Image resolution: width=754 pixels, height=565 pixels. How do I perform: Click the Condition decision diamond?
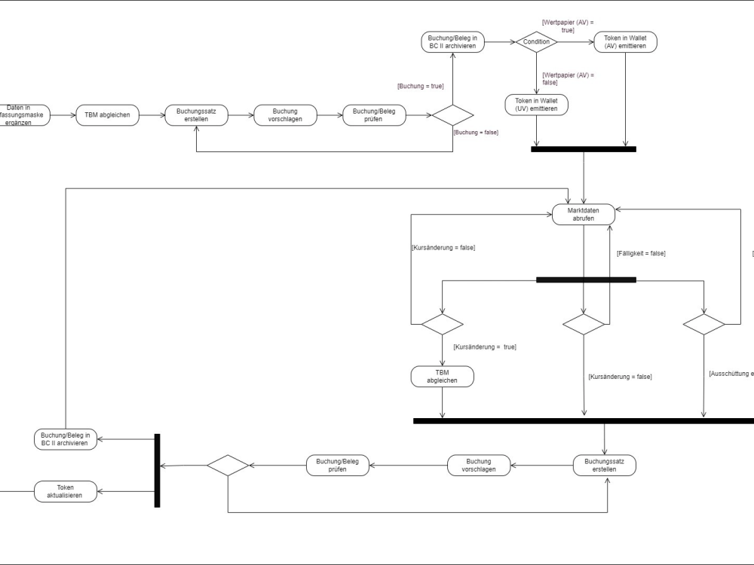click(537, 42)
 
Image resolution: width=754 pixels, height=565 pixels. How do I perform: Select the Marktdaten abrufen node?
click(584, 214)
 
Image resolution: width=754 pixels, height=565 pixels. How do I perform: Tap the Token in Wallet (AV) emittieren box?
click(625, 42)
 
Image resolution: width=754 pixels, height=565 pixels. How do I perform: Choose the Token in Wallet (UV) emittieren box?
click(537, 105)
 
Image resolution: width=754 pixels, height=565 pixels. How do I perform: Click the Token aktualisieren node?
click(66, 491)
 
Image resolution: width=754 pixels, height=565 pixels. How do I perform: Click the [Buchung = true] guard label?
click(420, 86)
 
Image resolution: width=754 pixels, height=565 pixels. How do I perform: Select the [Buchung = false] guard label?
click(475, 132)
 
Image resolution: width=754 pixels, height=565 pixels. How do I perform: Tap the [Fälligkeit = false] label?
click(641, 253)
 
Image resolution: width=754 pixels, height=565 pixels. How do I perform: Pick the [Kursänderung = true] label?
click(484, 347)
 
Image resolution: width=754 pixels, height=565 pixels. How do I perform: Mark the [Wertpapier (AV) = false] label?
click(568, 79)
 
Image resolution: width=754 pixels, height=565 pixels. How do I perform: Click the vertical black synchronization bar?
click(157, 470)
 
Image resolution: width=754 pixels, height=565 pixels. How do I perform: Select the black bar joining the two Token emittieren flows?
click(583, 149)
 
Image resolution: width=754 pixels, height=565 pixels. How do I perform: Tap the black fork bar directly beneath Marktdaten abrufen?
click(586, 279)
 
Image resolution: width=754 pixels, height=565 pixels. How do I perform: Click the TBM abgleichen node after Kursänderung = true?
click(443, 377)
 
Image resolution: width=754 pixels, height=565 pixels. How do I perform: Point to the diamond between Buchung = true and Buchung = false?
click(452, 115)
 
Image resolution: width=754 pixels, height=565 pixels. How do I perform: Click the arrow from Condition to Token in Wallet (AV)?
click(576, 42)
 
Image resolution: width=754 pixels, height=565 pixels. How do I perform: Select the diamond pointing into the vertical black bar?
click(228, 466)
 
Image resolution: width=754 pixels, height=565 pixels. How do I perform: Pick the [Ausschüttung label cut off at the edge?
click(731, 374)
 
